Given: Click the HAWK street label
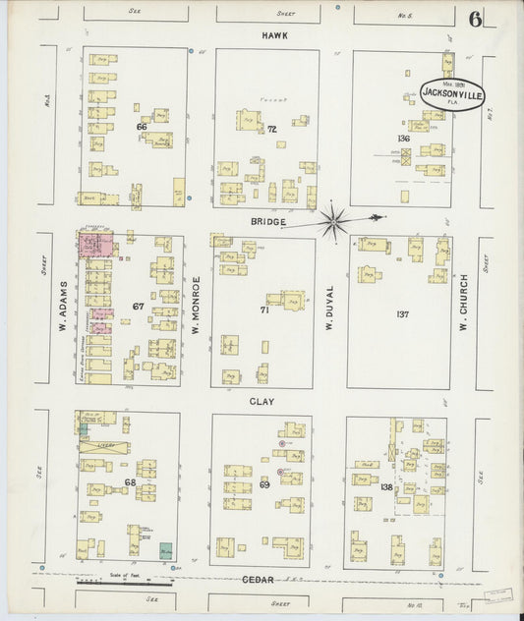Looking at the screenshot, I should tap(272, 35).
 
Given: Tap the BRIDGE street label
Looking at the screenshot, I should tap(267, 222).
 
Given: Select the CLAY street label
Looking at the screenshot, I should tap(262, 402).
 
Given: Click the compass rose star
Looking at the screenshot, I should tap(335, 222).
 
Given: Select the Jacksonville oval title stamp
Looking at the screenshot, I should tap(451, 93).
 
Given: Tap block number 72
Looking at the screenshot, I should tap(271, 130).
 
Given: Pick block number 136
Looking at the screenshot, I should tap(403, 138).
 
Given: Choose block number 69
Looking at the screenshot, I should tap(264, 484).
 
